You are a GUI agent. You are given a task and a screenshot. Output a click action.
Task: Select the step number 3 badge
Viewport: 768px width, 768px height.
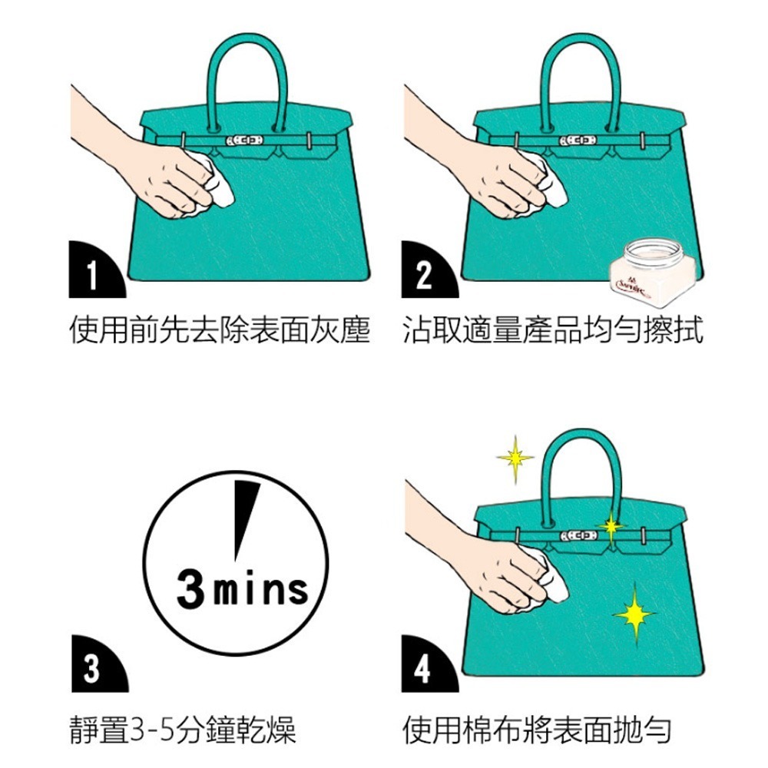pos(92,667)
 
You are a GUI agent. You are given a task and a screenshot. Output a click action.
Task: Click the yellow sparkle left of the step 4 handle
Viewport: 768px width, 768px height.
pos(515,458)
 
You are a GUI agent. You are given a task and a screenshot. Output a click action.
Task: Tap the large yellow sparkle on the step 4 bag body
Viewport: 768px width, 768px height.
pos(635,612)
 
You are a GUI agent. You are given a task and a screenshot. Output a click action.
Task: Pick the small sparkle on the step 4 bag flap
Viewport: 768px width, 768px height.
pos(611,526)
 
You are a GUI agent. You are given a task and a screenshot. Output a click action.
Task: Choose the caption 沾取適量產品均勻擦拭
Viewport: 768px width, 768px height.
pos(552,332)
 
